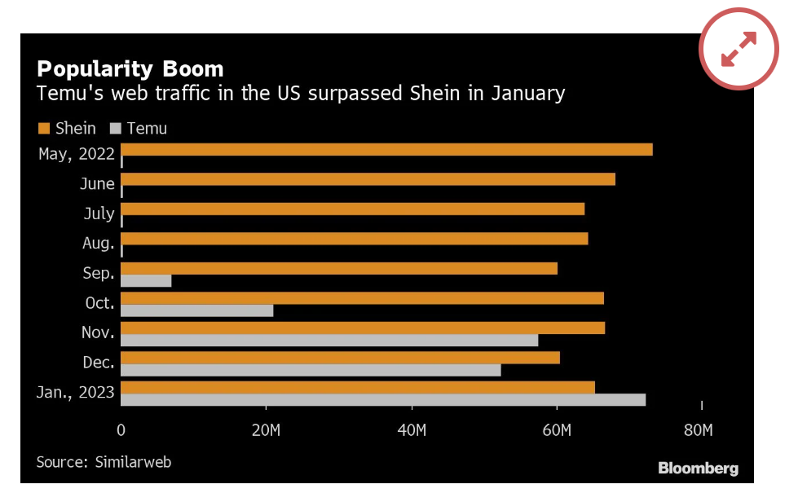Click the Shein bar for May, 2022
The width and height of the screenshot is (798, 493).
pos(386,149)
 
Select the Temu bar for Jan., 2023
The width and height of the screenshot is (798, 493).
pos(383,399)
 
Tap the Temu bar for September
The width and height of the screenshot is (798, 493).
pos(146,280)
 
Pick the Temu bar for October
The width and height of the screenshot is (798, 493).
pos(196,310)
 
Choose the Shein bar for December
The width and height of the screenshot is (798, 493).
pos(340,358)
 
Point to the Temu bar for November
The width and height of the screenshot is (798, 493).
pos(329,340)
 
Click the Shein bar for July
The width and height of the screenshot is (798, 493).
pos(352,209)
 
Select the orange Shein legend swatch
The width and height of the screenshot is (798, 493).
pos(44,128)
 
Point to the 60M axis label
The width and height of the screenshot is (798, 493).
pos(557,430)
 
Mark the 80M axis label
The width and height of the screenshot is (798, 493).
pos(699,430)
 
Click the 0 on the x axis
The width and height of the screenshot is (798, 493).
pos(121,430)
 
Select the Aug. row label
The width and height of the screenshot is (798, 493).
pos(99,243)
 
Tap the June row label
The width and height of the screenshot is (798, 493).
pos(97,184)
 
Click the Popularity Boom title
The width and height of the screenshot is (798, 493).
pos(130,68)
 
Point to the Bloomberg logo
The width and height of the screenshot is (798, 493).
pos(698,469)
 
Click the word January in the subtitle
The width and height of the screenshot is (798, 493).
pos(527,93)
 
